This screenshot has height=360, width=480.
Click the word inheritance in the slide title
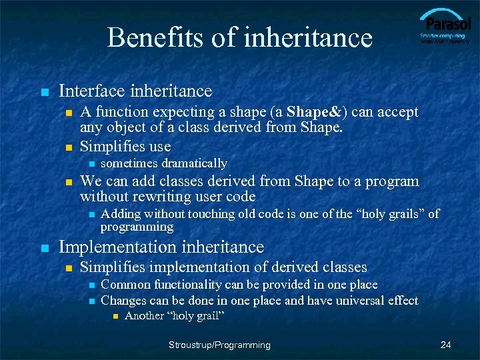pos(308,37)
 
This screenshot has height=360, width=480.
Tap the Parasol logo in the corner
pos(445,27)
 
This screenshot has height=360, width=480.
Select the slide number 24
pos(446,345)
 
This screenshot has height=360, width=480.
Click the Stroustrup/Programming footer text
pos(219,345)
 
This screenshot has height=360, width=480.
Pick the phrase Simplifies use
pos(125,147)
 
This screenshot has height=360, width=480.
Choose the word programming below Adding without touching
pos(137,227)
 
